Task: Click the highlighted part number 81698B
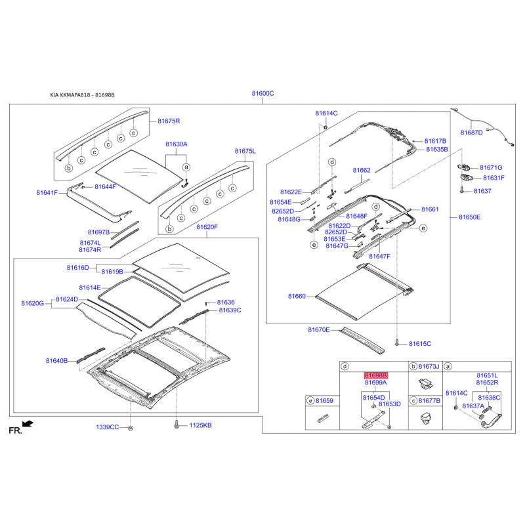pos(375,375)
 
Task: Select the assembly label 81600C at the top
pos(263,93)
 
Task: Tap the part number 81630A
pos(177,144)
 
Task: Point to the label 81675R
pos(169,121)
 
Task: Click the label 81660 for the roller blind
pos(297,297)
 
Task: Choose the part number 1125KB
pos(201,425)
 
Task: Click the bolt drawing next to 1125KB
pos(177,425)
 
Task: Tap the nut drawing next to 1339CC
pos(131,428)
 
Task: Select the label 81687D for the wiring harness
pos(471,133)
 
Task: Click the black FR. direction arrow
pos(28,424)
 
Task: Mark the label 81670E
pos(319,330)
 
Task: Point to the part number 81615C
pos(420,343)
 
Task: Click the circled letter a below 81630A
pos(186,167)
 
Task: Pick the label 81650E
pos(469,217)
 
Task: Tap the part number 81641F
pos(47,192)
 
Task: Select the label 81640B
pos(56,360)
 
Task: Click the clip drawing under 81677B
pos(426,418)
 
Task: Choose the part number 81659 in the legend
pos(324,400)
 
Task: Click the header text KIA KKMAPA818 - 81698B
pos(83,95)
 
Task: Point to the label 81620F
pos(207,227)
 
